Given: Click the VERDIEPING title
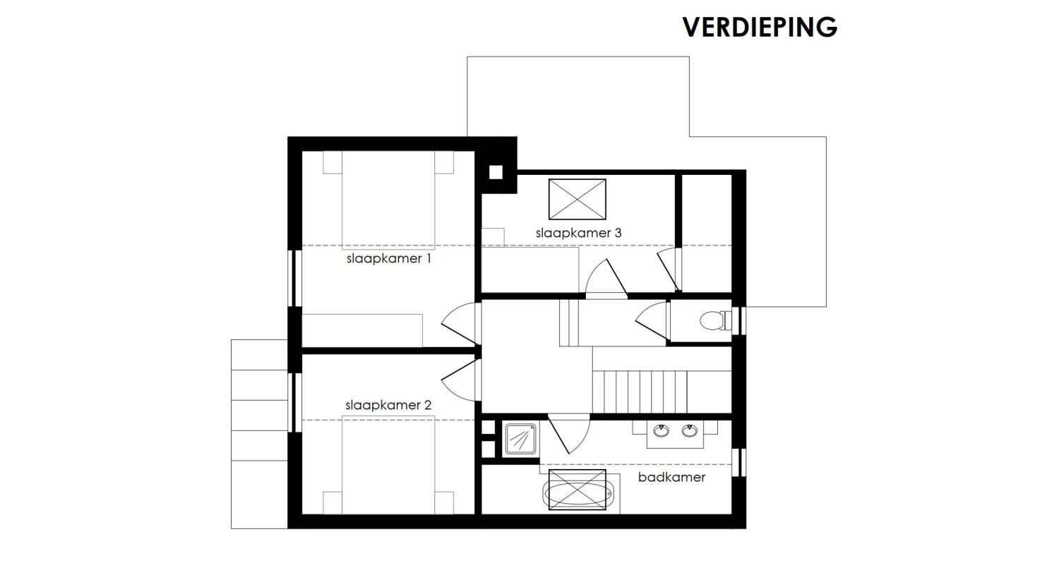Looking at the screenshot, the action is (x=760, y=27).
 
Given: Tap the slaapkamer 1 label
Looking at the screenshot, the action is (x=388, y=259).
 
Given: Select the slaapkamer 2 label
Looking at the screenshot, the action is (x=388, y=406).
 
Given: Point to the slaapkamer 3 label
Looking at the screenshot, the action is (x=578, y=233).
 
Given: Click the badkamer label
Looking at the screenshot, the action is (x=671, y=477).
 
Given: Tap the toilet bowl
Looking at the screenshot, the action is (x=714, y=321).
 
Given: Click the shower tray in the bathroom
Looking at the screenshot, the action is (x=520, y=439).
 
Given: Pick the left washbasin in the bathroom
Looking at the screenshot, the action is (x=661, y=430).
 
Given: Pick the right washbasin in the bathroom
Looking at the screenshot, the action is (x=689, y=430).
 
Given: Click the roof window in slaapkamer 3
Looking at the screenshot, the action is (x=578, y=200).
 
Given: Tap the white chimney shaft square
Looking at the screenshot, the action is (x=496, y=172).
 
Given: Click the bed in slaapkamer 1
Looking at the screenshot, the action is (x=388, y=200).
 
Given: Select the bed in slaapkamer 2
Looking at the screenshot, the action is (x=388, y=465).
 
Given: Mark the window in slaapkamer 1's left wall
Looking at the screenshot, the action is (x=295, y=278).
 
